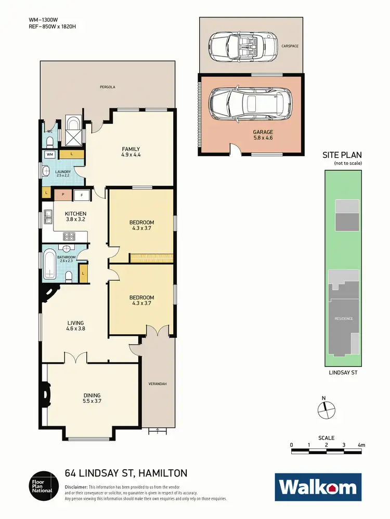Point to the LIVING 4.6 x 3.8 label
click(x=75, y=325)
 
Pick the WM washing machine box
click(x=50, y=155)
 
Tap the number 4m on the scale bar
click(x=361, y=445)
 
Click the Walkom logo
click(x=317, y=487)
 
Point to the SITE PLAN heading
click(x=342, y=155)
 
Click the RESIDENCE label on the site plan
click(x=343, y=319)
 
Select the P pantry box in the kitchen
click(x=62, y=195)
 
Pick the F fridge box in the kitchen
click(x=81, y=195)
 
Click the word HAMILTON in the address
click(x=163, y=473)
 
